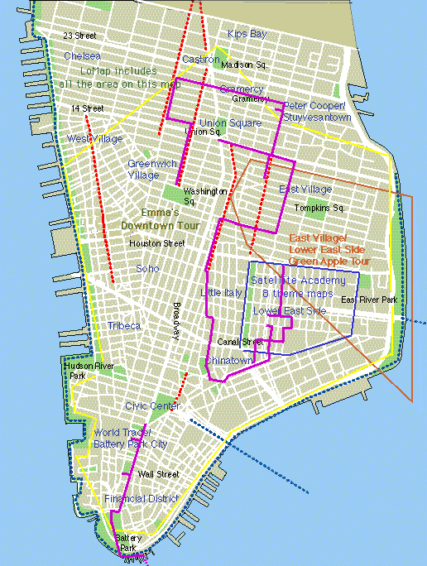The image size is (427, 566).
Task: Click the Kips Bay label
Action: pos(247,34)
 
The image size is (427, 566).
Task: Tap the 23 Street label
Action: pos(80,36)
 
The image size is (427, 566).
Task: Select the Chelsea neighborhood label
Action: pos(83,55)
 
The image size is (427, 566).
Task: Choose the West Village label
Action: pos(95,138)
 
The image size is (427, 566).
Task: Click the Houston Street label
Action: pos(157,243)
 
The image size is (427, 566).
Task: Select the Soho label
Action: pos(147,269)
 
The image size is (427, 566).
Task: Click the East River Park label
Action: pos(369,299)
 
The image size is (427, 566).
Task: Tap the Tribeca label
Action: pos(122,326)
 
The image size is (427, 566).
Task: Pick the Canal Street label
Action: pos(240,342)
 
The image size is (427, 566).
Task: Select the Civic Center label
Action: pos(153,406)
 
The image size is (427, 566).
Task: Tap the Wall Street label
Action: pos(158,474)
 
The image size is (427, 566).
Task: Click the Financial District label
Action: pos(142,499)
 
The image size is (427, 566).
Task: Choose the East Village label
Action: pos(305,189)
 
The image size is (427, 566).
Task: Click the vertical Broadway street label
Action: pos(176,319)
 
